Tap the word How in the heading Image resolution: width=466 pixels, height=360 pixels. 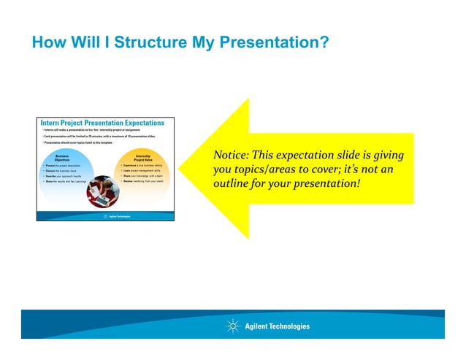46,43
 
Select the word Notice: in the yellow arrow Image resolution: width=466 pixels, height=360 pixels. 231,156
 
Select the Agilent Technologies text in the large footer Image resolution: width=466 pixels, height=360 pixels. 278,326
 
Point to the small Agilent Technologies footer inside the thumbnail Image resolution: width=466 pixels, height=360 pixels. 117,216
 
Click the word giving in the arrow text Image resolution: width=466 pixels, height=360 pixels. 388,156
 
